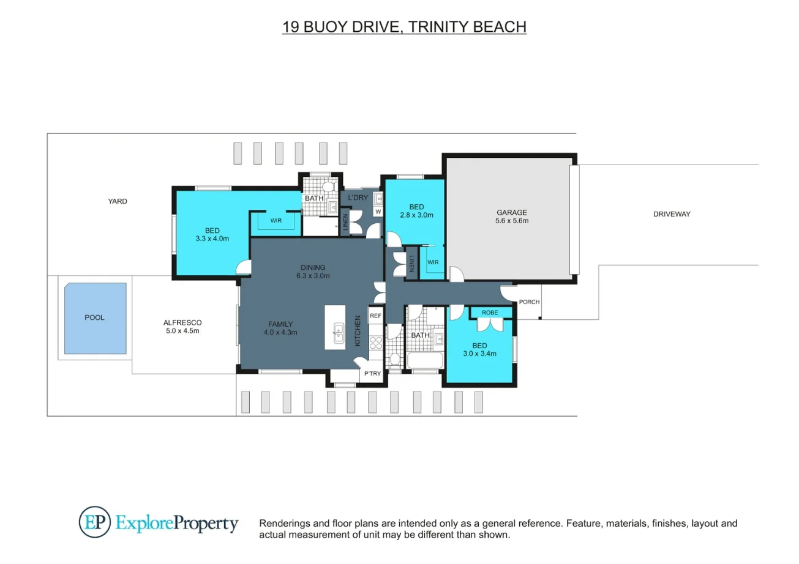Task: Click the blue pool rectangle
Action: tap(96, 318)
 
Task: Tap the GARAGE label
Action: tap(512, 212)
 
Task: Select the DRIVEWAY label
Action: tap(672, 214)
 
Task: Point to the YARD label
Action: tap(118, 201)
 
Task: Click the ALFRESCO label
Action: tap(182, 322)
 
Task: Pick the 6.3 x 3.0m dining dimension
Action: tap(313, 275)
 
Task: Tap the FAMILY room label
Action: tap(280, 324)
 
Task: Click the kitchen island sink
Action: tap(339, 333)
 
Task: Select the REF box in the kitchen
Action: tap(375, 316)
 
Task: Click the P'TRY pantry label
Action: tap(372, 373)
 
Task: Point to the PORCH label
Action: tap(529, 302)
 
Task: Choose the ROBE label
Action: tap(490, 313)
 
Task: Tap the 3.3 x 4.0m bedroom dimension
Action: tap(212, 239)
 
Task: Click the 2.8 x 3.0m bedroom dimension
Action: tap(416, 215)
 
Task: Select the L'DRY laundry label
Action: tap(358, 198)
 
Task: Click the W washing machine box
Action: tap(378, 212)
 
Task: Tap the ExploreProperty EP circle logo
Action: tap(95, 522)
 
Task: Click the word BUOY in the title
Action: tap(325, 27)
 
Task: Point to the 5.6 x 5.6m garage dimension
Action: tap(512, 221)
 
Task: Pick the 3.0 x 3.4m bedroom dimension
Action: tap(479, 354)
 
